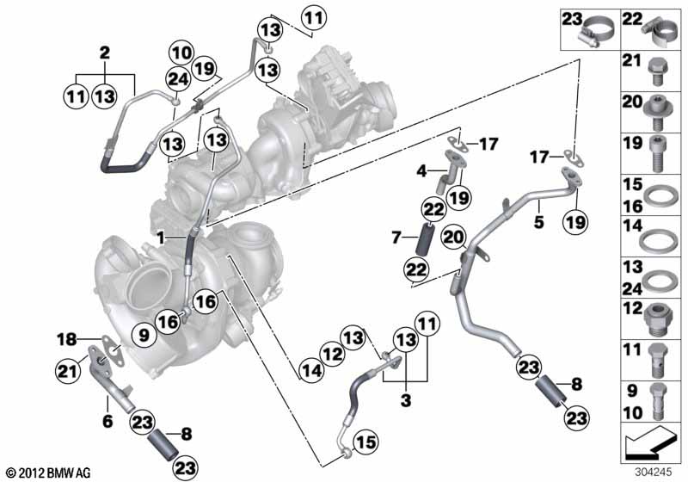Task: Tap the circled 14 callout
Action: click(x=313, y=373)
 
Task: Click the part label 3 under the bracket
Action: click(x=404, y=400)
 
